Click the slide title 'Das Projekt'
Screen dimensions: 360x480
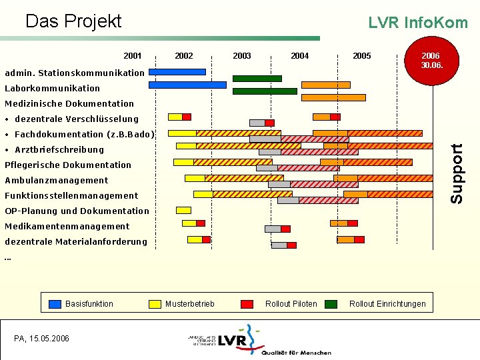pos(73,21)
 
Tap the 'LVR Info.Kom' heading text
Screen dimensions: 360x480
pos(418,23)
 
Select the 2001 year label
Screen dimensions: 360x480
pos(133,56)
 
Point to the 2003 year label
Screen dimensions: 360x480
pos(242,56)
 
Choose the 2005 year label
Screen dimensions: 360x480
pos(362,56)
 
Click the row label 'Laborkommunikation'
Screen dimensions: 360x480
pos(52,88)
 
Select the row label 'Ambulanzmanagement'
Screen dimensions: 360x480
pos(56,180)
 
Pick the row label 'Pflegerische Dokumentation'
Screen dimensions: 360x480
pos(68,165)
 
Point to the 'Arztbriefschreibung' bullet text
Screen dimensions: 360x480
pos(59,149)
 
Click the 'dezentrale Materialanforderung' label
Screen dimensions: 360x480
pos(75,241)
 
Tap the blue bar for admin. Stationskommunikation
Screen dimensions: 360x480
pos(177,71)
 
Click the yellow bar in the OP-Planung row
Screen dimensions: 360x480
pos(183,210)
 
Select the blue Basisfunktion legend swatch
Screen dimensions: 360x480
pos(55,304)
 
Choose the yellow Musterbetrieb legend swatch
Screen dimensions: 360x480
pos(155,304)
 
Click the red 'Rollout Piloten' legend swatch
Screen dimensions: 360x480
pos(247,304)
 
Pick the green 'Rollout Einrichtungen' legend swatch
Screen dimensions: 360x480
pos(331,304)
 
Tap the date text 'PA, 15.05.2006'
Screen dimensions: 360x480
pos(41,339)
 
